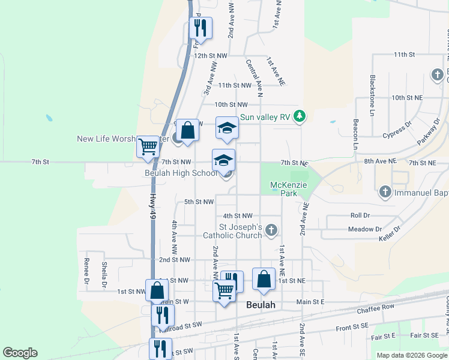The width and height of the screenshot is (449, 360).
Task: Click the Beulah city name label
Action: click(x=261, y=305)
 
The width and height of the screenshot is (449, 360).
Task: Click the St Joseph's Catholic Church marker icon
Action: click(x=271, y=229)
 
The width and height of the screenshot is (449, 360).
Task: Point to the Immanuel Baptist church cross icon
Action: click(x=385, y=193)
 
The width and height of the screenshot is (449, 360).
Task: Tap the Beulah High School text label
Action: click(x=180, y=173)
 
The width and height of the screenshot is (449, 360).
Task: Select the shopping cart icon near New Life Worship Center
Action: click(x=148, y=146)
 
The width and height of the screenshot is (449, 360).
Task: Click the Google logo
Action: click(x=20, y=353)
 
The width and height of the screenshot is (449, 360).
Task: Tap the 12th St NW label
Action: click(x=211, y=55)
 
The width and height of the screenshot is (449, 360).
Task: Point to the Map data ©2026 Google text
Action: click(x=411, y=355)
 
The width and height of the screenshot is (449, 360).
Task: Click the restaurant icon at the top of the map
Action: click(x=200, y=28)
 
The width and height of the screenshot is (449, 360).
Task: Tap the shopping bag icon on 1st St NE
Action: click(x=264, y=279)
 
